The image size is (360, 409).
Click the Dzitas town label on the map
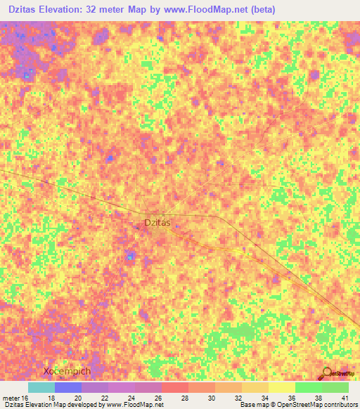tap(157, 223)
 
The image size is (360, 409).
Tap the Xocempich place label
tap(67, 371)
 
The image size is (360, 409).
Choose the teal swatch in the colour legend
tap(41, 387)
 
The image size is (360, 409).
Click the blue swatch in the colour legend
tap(68, 387)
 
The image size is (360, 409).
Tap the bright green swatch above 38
tap(308, 387)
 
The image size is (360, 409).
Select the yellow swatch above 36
tap(281, 387)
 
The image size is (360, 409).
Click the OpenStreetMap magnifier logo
tap(328, 372)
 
